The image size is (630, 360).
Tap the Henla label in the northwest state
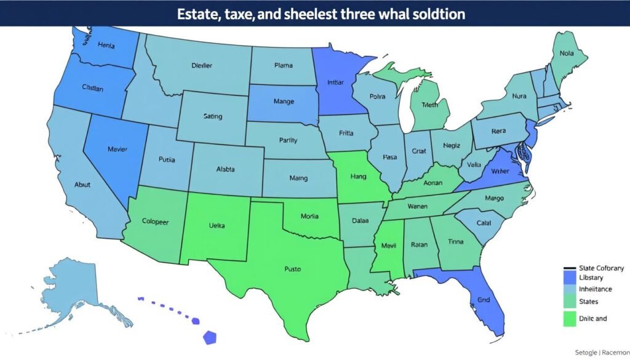pos(106,45)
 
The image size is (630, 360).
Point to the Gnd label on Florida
pos(484,301)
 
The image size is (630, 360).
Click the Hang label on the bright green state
pos(358,176)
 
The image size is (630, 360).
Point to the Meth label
pos(429,105)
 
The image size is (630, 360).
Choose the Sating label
pos(212,116)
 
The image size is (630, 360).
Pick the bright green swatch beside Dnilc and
pos(569,318)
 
